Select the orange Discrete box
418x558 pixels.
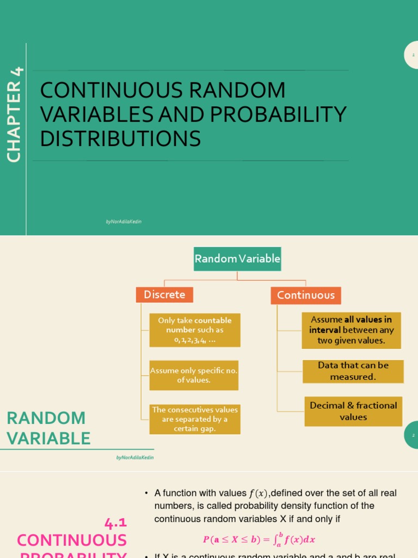click(164, 295)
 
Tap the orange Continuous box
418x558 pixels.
click(306, 295)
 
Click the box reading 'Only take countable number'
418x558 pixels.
click(195, 330)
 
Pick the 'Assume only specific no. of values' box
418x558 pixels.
click(194, 375)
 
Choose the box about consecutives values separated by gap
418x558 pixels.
click(195, 419)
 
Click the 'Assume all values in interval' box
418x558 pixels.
click(351, 330)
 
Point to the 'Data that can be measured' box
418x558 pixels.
click(353, 371)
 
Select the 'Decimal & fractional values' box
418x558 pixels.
click(353, 411)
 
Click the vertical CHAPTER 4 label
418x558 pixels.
click(15, 114)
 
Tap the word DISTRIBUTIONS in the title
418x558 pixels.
click(120, 139)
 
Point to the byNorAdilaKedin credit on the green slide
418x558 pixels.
click(124, 222)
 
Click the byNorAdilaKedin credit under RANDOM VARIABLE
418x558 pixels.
click(135, 458)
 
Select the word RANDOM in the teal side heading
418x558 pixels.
click(46, 418)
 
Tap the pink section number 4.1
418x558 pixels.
click(115, 524)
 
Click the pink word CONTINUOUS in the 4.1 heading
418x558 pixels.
click(72, 541)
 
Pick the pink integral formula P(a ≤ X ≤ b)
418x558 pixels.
click(259, 539)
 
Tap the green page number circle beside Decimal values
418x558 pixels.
click(413, 435)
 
